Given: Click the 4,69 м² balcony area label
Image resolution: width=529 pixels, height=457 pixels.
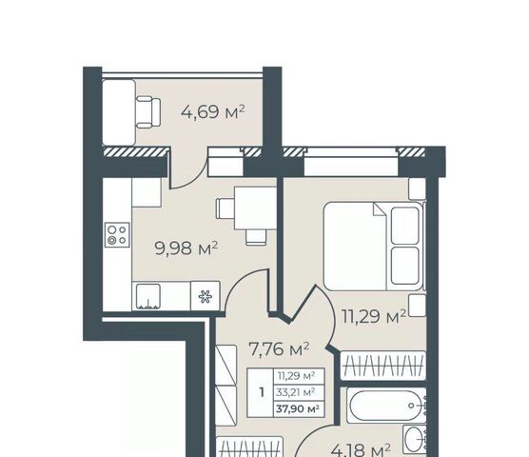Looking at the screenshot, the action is [x=212, y=112].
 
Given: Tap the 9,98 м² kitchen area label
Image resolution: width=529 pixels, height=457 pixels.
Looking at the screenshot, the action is [x=186, y=248].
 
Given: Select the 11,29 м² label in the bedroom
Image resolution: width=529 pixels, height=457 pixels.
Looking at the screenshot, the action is [x=374, y=317].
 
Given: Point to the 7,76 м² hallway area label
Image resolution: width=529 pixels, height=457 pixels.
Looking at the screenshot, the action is [x=279, y=349].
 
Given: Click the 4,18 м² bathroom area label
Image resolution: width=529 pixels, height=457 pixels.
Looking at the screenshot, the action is [x=361, y=449].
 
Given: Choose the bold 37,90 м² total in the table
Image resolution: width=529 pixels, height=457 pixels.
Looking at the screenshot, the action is [x=298, y=409].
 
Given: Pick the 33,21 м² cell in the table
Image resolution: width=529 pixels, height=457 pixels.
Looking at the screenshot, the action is [x=296, y=392].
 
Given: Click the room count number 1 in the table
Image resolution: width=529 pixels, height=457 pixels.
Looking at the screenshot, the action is [x=262, y=392].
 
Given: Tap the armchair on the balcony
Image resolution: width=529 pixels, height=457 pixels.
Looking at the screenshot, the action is [x=148, y=112].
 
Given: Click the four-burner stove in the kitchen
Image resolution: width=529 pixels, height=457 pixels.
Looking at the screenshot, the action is [x=117, y=234].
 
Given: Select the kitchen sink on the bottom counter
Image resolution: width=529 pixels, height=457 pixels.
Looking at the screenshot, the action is [x=148, y=296].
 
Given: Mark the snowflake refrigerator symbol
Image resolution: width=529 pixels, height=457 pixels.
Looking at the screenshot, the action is [x=206, y=296].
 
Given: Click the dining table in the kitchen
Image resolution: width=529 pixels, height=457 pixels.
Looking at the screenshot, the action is [x=255, y=208].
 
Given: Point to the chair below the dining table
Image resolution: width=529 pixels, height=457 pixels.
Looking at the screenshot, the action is [x=256, y=237].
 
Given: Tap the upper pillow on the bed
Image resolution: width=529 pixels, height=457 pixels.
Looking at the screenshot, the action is [x=405, y=226].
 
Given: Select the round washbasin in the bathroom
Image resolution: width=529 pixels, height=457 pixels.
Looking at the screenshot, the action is [x=414, y=440].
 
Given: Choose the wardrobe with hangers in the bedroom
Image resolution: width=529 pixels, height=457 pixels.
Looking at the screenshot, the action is [x=383, y=366].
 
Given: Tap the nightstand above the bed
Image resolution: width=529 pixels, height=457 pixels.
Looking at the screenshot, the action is [x=418, y=189].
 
